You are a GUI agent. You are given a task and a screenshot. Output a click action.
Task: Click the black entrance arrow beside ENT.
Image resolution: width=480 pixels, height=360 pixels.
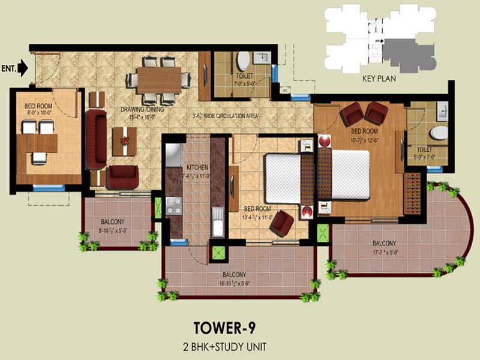[23, 68]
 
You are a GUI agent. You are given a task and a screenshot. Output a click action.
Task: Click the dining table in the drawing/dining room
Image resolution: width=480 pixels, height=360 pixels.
[159, 80]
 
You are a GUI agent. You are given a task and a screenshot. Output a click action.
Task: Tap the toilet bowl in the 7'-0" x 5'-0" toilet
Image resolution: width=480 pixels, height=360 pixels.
[243, 61]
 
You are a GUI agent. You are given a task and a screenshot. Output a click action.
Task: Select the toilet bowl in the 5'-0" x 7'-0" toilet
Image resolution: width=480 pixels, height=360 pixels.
[440, 132]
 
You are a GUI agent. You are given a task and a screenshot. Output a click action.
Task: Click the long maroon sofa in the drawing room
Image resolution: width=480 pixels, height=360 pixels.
[96, 139]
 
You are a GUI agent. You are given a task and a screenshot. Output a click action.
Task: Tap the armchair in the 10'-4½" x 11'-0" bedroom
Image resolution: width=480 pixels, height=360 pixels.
[281, 223]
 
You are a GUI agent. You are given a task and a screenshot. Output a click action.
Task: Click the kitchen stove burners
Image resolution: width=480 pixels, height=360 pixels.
[173, 207]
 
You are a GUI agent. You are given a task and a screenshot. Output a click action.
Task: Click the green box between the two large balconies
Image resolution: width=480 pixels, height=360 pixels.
[323, 232]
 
